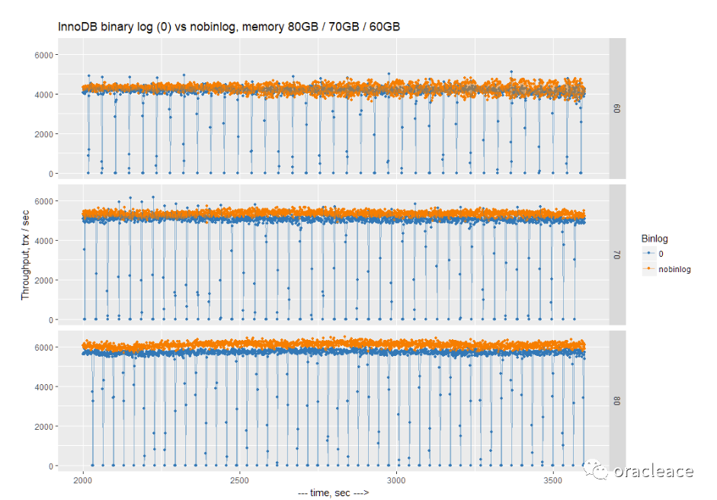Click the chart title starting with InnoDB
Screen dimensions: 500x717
[x=229, y=27]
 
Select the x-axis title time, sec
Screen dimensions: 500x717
[x=335, y=493]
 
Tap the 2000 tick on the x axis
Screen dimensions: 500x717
[x=83, y=480]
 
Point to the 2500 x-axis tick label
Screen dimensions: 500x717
[x=239, y=480]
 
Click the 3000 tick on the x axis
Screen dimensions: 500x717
[x=396, y=480]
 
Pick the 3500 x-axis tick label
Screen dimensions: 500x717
[x=552, y=480]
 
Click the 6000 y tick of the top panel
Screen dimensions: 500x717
[x=42, y=55]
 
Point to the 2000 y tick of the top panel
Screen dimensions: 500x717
[x=42, y=134]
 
